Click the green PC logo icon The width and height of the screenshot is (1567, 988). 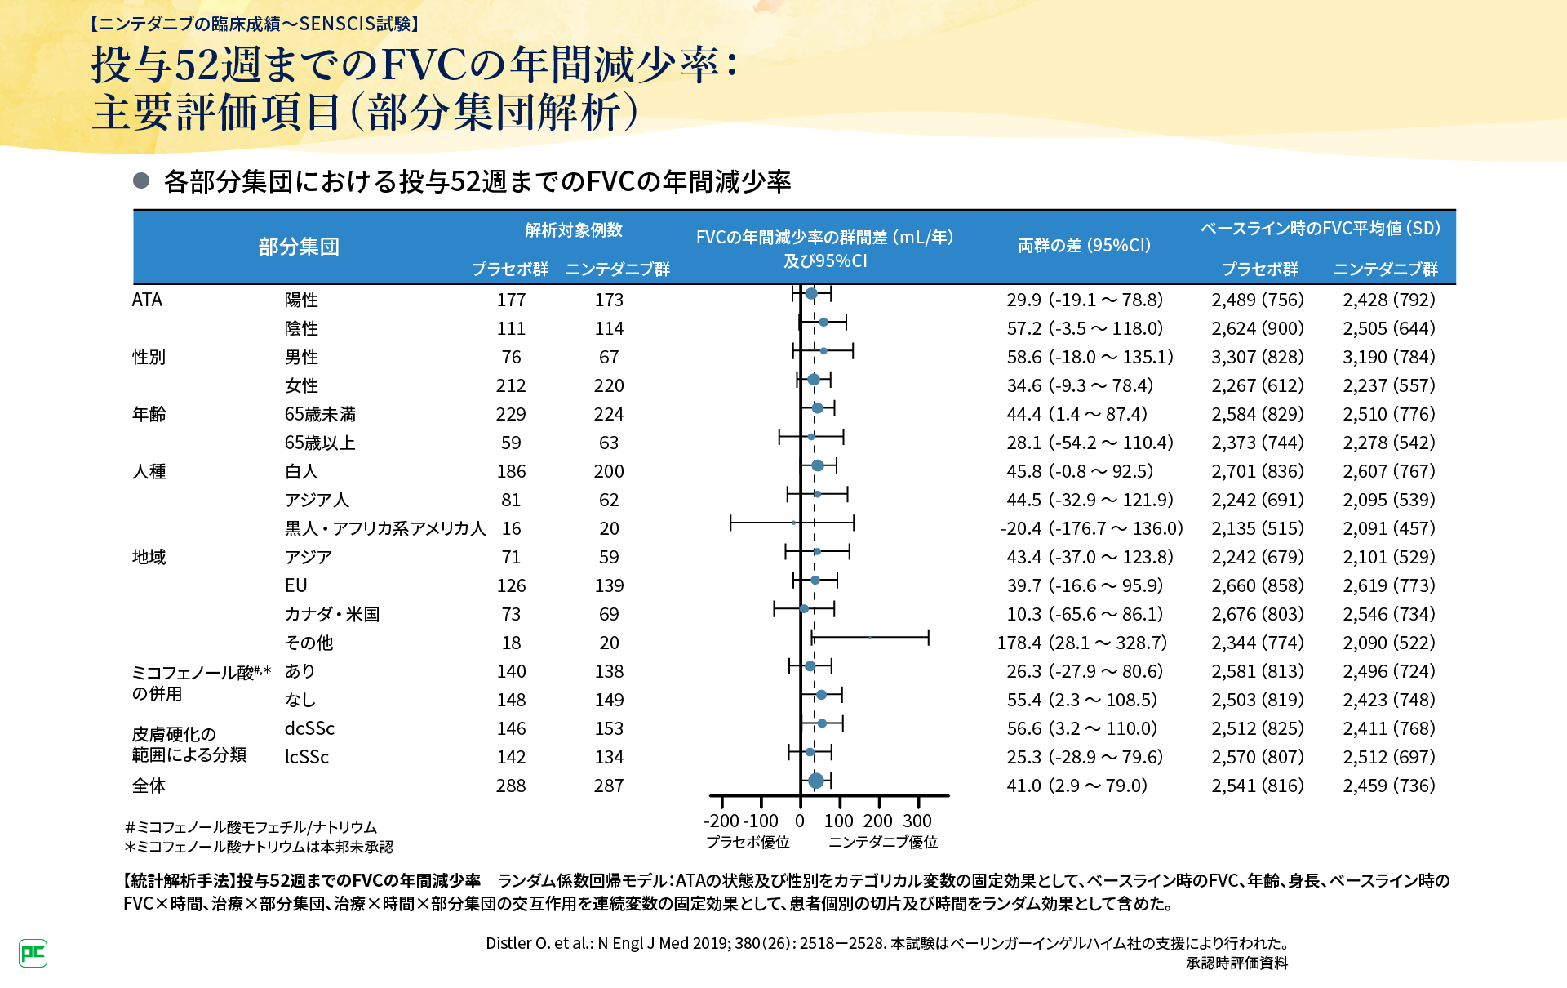click(x=33, y=953)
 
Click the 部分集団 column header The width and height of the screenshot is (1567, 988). click(x=299, y=247)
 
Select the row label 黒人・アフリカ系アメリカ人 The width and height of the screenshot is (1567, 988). click(x=385, y=528)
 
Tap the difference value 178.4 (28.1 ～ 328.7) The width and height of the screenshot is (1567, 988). click(x=1081, y=643)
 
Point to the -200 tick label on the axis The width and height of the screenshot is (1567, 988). click(x=721, y=821)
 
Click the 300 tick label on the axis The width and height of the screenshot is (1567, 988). click(x=917, y=821)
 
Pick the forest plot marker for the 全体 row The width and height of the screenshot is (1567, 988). click(x=815, y=781)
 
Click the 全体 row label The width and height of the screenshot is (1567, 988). click(x=149, y=786)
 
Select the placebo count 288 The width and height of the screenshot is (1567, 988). click(x=511, y=786)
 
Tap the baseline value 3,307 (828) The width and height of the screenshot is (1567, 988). click(x=1258, y=357)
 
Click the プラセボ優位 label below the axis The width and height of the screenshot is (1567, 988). click(x=748, y=842)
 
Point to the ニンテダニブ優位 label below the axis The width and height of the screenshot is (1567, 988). click(x=883, y=842)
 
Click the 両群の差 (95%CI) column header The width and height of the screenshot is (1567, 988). click(x=1084, y=246)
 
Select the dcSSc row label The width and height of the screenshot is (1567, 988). click(x=309, y=728)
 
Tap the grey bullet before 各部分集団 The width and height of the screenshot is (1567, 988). click(x=141, y=180)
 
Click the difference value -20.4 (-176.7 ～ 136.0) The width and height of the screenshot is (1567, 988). click(x=1091, y=528)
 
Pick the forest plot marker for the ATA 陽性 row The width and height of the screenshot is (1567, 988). click(x=810, y=294)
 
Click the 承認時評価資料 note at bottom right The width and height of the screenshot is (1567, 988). click(x=1236, y=964)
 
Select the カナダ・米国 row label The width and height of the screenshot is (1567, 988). click(x=331, y=614)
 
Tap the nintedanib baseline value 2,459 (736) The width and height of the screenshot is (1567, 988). click(x=1389, y=786)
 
